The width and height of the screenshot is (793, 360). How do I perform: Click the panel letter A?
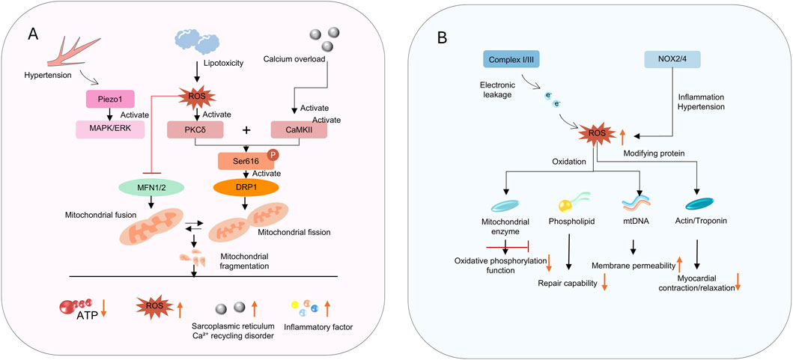coord(34,35)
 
